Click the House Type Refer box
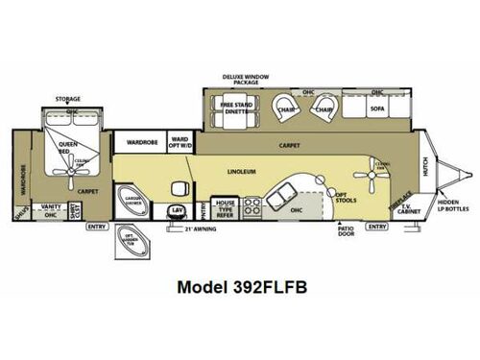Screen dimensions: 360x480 225,207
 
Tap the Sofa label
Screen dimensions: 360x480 376,109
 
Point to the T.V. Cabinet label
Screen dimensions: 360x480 407,210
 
